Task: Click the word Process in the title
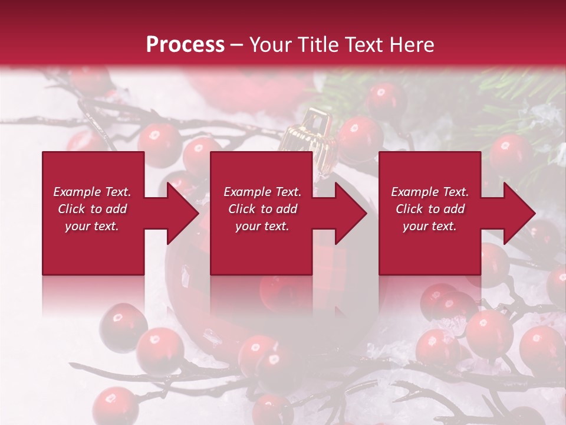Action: tap(185, 45)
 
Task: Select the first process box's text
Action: tap(93, 209)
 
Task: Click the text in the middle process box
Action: tap(262, 209)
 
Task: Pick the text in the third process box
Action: tap(430, 209)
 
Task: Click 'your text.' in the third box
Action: tap(430, 226)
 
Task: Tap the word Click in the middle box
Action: tap(241, 209)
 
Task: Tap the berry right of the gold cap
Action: tap(358, 135)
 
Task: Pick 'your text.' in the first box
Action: tap(93, 226)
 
